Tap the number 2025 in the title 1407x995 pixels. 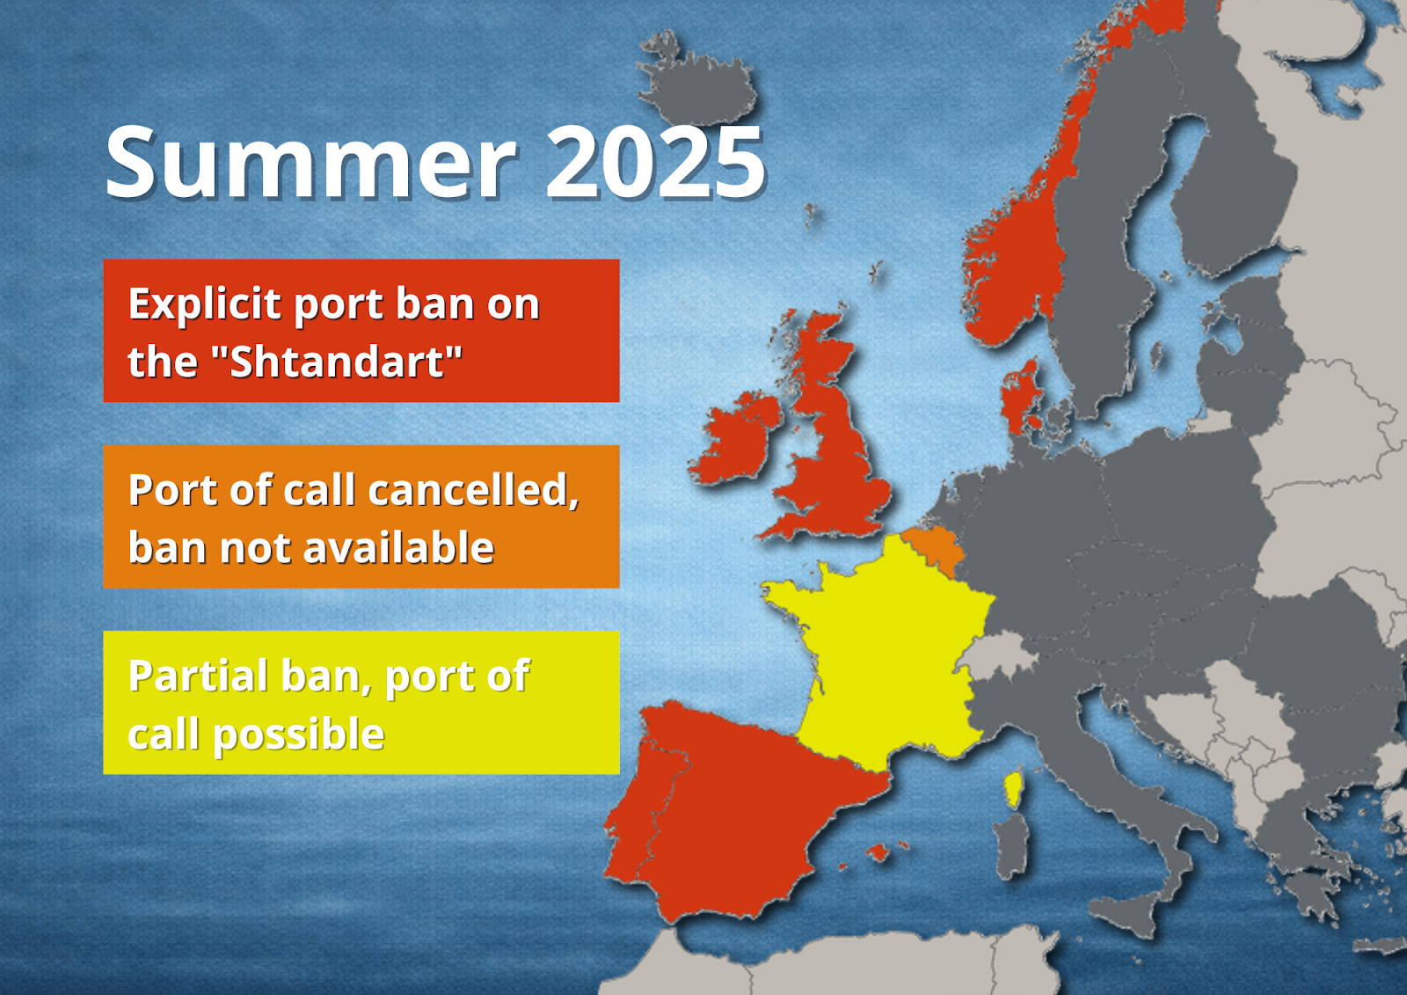click(656, 162)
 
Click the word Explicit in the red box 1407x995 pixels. click(205, 305)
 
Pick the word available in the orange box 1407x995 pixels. click(399, 548)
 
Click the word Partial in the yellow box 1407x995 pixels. click(199, 676)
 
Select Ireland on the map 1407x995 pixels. click(735, 440)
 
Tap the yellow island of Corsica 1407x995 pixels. click(1012, 789)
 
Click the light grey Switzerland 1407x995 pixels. click(999, 654)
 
